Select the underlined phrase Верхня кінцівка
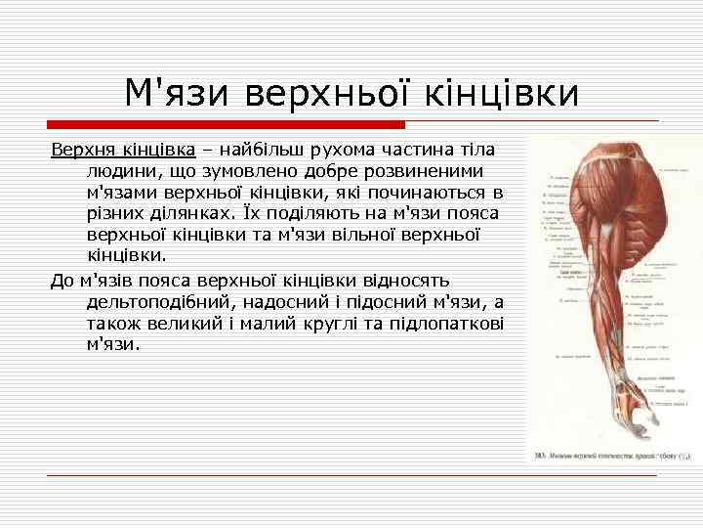point(123,151)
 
